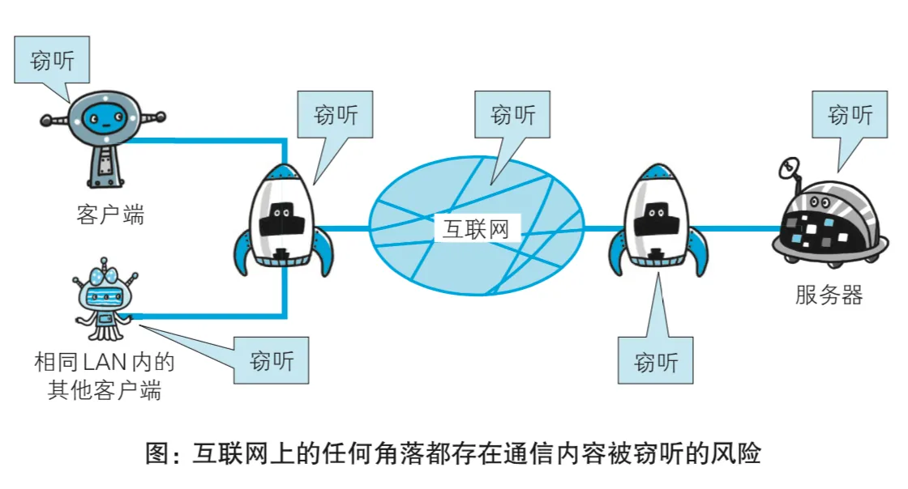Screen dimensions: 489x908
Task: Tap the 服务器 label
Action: point(829,295)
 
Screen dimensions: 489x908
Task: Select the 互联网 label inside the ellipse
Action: point(476,227)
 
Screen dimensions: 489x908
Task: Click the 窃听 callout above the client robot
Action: point(52,61)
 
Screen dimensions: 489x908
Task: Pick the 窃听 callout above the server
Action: point(850,115)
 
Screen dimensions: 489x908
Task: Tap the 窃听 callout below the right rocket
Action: point(656,361)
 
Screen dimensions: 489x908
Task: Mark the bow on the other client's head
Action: point(102,266)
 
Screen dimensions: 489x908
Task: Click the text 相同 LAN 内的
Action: point(105,362)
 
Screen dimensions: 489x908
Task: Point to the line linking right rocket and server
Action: point(734,229)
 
